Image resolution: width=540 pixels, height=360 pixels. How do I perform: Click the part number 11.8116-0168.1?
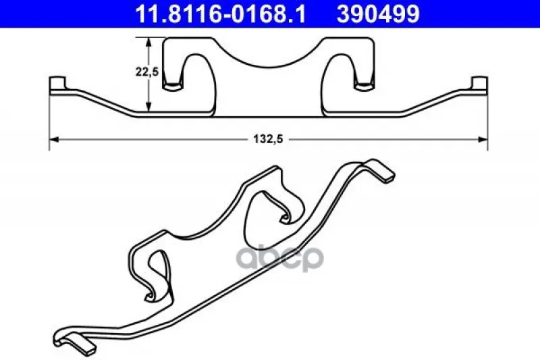pos(221,14)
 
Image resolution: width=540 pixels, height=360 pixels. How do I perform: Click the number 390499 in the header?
pos(378,14)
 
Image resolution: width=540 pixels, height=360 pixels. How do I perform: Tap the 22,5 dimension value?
pos(146,72)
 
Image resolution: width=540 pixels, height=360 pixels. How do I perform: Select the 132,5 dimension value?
pos(268,139)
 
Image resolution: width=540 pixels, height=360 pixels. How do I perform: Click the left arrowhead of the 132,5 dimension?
pos(55,139)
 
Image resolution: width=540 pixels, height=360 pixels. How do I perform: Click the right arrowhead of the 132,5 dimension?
pos(483,139)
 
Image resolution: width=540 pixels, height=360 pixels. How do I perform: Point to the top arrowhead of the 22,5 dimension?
pos(148,43)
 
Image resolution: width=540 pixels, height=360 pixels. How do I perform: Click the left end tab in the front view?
pos(57,84)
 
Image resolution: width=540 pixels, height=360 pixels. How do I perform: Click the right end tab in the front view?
pos(479,84)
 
